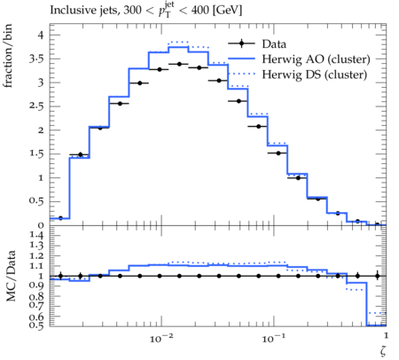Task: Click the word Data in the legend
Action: (274, 44)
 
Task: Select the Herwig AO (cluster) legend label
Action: (316, 59)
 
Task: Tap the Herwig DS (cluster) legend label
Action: (315, 74)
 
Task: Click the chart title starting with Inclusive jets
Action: (146, 10)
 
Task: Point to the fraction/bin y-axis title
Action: (8, 56)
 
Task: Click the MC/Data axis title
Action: (11, 276)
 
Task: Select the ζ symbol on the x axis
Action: (383, 350)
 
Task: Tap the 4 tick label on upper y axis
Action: (40, 35)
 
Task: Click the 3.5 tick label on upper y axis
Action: (36, 59)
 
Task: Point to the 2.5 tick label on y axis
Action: (36, 106)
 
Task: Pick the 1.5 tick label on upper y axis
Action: (36, 154)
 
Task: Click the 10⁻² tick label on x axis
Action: (161, 338)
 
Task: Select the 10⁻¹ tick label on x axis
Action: (273, 338)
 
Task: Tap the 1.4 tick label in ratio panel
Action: (36, 236)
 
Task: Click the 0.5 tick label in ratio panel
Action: (36, 325)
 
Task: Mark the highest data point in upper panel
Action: (179, 64)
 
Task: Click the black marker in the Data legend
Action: (241, 43)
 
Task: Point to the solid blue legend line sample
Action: (241, 59)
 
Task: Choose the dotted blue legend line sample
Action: (241, 74)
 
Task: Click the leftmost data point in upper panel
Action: (60, 218)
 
